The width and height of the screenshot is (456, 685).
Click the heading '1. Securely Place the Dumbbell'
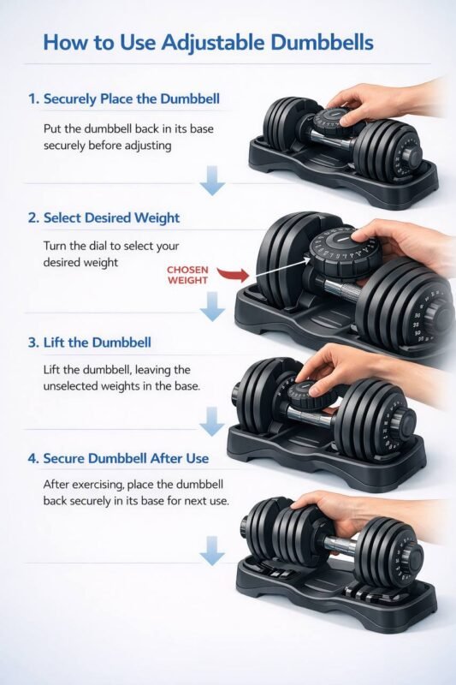(x=123, y=98)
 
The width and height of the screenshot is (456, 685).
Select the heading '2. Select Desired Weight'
(x=104, y=217)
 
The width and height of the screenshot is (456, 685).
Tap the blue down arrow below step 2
(x=211, y=304)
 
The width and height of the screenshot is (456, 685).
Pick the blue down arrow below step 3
(x=211, y=420)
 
